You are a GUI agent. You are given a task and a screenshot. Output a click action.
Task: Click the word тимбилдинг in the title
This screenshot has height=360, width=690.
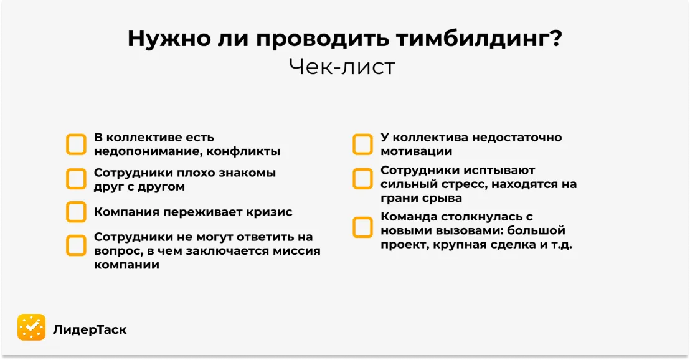pos(473,39)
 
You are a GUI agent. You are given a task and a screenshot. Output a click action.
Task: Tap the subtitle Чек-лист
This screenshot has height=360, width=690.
pos(342,67)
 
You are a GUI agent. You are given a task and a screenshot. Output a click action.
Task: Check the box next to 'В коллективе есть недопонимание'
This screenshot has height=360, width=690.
pos(76,144)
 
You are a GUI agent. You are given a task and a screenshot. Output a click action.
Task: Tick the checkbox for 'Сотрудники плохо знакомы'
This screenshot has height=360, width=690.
pos(76,179)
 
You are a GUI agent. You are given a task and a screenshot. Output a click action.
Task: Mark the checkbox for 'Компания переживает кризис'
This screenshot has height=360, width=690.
pos(76,212)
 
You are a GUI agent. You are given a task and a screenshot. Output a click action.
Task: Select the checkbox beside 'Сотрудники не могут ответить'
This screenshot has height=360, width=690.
pos(76,245)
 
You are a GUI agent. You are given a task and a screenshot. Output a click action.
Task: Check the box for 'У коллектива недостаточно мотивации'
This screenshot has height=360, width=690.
pos(362,144)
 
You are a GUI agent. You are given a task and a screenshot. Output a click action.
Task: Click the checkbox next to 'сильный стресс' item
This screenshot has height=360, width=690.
pos(362,179)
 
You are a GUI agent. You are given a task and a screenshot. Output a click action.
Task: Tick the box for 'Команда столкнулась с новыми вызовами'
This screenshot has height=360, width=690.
pos(362,227)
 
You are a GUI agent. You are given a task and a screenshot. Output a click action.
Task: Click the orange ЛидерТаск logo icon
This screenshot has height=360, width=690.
pos(31,328)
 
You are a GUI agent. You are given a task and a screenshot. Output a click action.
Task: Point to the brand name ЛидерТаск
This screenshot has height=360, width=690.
pos(90,329)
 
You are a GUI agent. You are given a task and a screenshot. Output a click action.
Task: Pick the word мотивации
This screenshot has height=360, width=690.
pos(416,151)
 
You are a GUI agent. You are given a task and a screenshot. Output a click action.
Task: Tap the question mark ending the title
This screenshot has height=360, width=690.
pos(556,39)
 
